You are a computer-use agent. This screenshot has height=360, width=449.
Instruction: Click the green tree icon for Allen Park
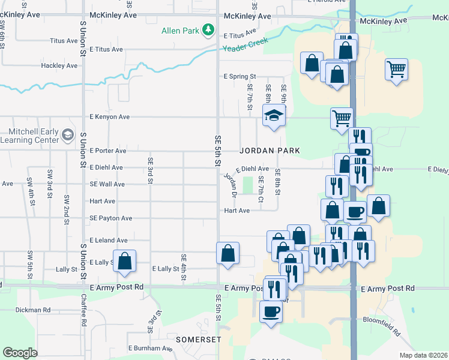click(x=208, y=29)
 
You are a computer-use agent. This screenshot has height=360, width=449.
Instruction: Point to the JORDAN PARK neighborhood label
click(x=270, y=150)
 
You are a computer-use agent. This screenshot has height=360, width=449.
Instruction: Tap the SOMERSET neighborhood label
click(x=195, y=340)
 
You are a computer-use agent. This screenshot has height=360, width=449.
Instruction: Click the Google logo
click(x=20, y=353)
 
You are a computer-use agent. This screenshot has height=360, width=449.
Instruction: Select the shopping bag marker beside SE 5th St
click(x=228, y=253)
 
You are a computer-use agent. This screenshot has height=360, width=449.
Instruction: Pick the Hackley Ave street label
click(x=59, y=65)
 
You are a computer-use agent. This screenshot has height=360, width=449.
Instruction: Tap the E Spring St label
click(x=240, y=77)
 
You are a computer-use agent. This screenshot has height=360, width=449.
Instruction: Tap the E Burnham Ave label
click(x=150, y=348)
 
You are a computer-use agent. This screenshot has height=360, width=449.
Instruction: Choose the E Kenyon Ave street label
click(x=109, y=116)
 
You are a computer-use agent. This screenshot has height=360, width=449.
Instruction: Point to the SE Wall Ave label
click(x=107, y=184)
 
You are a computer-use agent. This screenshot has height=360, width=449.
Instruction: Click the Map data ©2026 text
click(x=423, y=355)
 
